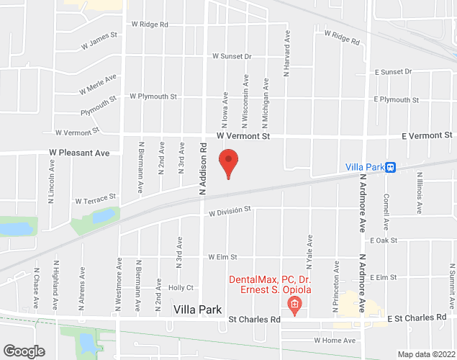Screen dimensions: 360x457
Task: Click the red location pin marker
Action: tap(228, 163)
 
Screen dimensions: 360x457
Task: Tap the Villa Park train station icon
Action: tap(390, 167)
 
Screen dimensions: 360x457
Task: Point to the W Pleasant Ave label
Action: tap(79, 153)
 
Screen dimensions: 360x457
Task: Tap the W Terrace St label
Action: tap(95, 198)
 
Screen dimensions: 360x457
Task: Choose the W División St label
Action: tap(229, 212)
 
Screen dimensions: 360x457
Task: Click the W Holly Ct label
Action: tap(181, 287)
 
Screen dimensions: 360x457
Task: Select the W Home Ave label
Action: tap(335, 340)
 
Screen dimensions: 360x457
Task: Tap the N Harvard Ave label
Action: tap(286, 53)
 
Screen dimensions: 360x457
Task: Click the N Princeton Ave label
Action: tap(335, 287)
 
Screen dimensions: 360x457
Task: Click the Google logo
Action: tap(24, 351)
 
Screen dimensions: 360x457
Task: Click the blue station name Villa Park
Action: tap(364, 167)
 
